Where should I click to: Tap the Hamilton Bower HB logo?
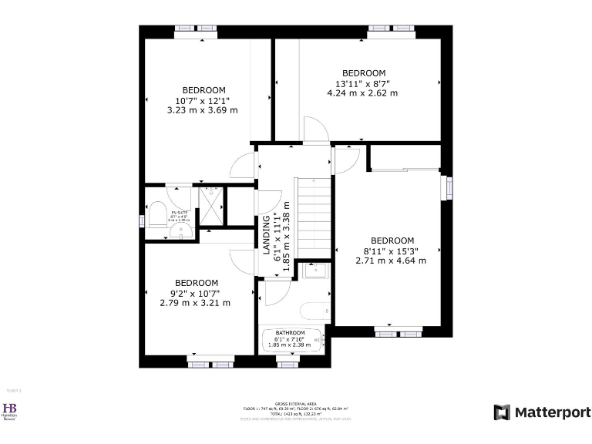click(x=10, y=410)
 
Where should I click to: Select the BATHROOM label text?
click(x=290, y=333)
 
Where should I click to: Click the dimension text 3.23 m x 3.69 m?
click(x=202, y=110)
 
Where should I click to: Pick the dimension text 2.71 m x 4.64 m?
click(x=391, y=261)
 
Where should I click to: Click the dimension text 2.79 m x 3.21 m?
click(x=195, y=303)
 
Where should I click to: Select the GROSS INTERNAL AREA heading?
click(x=295, y=402)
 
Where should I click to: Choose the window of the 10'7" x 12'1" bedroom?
click(x=196, y=29)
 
